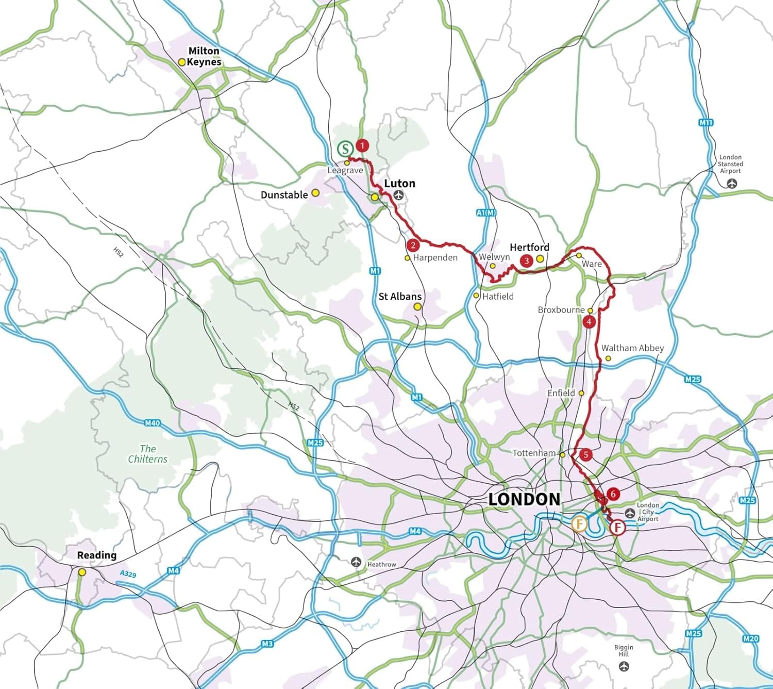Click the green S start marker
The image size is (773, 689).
coord(345,149)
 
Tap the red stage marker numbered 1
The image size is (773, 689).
coord(362,145)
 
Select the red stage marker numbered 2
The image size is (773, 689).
coord(413,245)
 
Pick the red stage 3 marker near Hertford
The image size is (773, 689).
coord(526,260)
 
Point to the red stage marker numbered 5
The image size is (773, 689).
coord(585,455)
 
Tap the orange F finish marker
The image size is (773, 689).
coord(579,523)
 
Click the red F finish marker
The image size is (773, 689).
coord(617,528)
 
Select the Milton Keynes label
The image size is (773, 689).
coord(204,56)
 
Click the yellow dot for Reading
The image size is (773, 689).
coord(82,572)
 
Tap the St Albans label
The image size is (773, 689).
coord(400,297)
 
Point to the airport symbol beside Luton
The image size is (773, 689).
coord(399,195)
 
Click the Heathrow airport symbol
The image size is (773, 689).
coord(356,562)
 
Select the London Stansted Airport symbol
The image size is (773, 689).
coord(731,183)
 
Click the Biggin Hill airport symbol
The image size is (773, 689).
coord(624,667)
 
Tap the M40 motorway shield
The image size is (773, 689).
coord(152,423)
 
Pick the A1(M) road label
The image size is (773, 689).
coord(485,212)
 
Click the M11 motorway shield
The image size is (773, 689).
coord(706,122)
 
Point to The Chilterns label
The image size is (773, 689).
coord(148,454)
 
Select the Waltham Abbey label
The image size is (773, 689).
coord(632,348)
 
